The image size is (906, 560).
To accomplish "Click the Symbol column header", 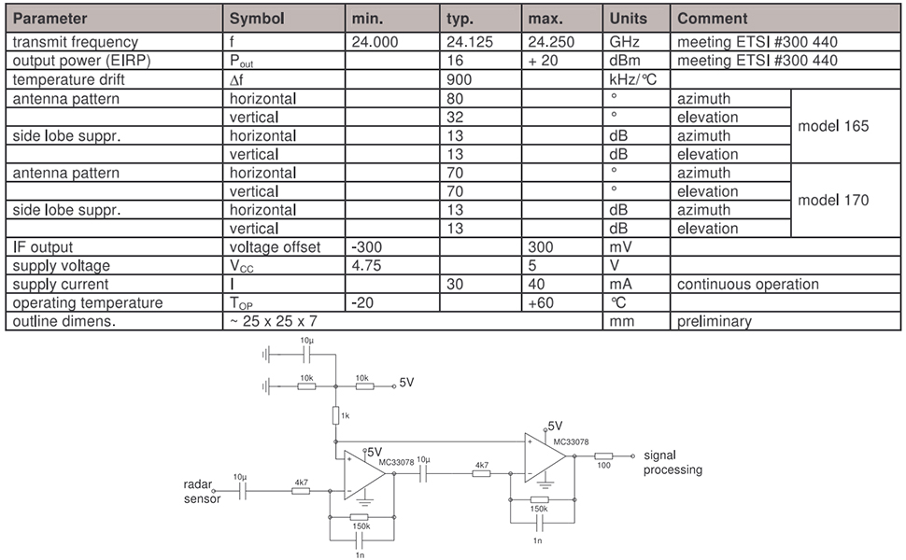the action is point(257,19).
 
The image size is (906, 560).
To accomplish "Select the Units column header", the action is point(628,19).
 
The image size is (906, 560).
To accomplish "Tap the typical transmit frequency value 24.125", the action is point(470,42).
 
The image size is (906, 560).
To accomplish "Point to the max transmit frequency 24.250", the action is point(551,42).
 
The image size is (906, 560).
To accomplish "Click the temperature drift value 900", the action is point(460,79).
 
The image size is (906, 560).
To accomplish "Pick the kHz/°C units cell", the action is point(633,79).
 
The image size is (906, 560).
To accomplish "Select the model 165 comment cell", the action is point(833,126).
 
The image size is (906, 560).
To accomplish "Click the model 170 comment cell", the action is point(833,200).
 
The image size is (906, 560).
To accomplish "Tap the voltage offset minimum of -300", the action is point(367,247).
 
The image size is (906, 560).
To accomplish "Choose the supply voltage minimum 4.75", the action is point(366,266).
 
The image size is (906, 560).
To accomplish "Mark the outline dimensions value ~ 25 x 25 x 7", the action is point(274,321).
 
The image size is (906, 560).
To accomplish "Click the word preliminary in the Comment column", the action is point(715,322).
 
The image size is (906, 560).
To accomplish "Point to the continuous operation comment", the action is point(747,284).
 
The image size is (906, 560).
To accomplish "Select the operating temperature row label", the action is point(88,303).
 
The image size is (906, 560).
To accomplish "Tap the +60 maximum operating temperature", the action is point(541,302).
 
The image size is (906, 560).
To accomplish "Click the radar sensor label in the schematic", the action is point(201,491).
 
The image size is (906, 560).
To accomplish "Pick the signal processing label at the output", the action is point(672,462).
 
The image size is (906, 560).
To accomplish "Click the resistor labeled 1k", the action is point(335,415).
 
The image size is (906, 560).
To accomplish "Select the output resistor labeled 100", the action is point(603,456).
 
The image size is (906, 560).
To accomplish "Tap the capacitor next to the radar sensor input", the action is point(243,491).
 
